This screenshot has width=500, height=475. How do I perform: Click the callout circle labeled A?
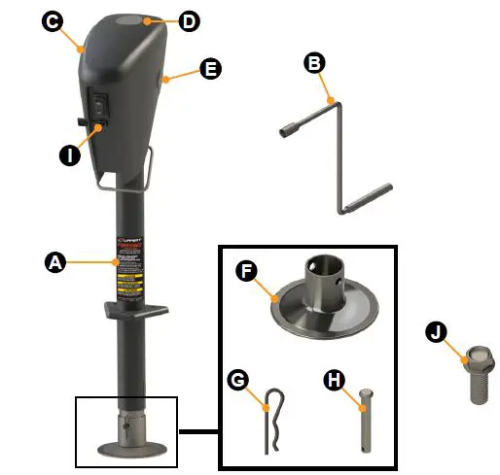[x=56, y=261]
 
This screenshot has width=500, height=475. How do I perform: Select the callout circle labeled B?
[x=313, y=64]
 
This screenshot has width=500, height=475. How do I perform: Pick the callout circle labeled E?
[x=208, y=70]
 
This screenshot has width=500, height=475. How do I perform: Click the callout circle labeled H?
[x=333, y=381]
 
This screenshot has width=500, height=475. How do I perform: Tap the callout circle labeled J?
[x=440, y=333]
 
